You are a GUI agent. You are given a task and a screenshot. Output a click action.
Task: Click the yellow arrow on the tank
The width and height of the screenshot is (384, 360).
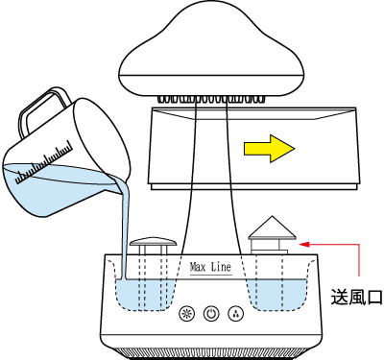pos(269,149)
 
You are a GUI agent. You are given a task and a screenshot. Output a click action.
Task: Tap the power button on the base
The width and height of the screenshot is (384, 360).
pos(211,314)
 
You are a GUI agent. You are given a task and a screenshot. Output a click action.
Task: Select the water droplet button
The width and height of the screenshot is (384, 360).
pos(235,314)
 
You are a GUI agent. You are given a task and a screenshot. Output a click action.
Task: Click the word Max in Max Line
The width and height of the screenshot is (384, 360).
pos(198,267)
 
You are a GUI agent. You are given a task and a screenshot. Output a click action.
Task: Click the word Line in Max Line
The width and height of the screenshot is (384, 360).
pos(221,267)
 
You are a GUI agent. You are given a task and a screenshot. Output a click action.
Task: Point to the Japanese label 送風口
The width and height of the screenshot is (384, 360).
pos(357,297)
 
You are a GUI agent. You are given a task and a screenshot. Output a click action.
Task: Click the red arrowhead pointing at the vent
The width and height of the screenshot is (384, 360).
pos(304,244)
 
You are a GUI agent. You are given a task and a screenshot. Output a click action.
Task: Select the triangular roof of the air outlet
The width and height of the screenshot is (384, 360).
pos(273,228)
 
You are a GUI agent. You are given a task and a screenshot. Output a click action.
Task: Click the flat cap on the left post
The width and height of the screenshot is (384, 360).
pos(154,241)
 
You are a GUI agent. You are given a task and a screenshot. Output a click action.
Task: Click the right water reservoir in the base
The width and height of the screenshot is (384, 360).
pos(276,295)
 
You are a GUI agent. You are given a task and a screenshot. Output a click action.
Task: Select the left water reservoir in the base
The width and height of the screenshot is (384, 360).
pos(145,295)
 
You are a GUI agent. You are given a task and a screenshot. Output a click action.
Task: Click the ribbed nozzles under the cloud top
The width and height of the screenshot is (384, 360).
pos(211,99)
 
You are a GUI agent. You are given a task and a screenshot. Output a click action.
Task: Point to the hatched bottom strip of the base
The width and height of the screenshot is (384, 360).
pos(211,353)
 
